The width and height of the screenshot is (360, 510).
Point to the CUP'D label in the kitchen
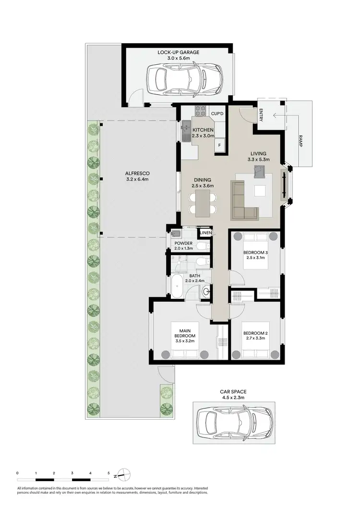pos(217,113)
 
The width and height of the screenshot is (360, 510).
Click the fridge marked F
pos(220,145)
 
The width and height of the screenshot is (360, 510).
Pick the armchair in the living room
pos(260,170)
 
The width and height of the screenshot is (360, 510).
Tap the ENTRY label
pos(261,115)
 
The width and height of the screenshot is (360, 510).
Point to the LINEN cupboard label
pos(206,233)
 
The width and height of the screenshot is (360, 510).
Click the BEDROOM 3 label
pos(255,253)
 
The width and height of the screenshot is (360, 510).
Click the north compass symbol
pos(123,474)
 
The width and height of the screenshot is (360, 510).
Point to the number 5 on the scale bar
pos(109,473)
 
